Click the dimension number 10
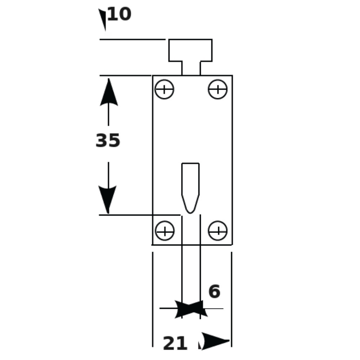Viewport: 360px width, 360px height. pyautogui.click(x=120, y=14)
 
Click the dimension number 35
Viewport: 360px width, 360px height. pyautogui.click(x=108, y=140)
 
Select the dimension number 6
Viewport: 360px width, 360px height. pyautogui.click(x=214, y=291)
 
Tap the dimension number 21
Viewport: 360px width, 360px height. pyautogui.click(x=175, y=343)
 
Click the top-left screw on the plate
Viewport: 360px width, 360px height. pyautogui.click(x=165, y=89)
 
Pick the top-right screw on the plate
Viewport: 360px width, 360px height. pyautogui.click(x=218, y=89)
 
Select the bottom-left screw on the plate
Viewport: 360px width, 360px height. pyautogui.click(x=165, y=231)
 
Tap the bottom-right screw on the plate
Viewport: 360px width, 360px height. pyautogui.click(x=218, y=231)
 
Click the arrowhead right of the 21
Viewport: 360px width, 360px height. pyautogui.click(x=215, y=341)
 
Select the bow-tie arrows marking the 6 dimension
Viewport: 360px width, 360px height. pyautogui.click(x=191, y=309)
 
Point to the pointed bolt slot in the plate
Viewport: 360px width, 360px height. pyautogui.click(x=190, y=188)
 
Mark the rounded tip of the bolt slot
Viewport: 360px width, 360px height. pyautogui.click(x=190, y=213)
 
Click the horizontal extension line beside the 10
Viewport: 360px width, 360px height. pyautogui.click(x=132, y=40)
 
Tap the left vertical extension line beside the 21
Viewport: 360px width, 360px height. pyautogui.click(x=153, y=299)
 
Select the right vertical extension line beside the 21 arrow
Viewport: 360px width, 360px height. pyautogui.click(x=231, y=299)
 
